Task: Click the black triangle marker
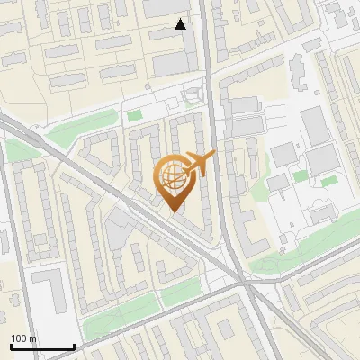tap(181, 24)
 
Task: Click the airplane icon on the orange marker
tap(200, 164)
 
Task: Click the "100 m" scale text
tap(23, 338)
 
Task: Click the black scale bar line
tap(41, 346)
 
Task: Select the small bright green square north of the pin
tap(134, 115)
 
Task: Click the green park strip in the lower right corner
tap(297, 260)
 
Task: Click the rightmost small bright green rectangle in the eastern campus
tap(328, 180)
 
